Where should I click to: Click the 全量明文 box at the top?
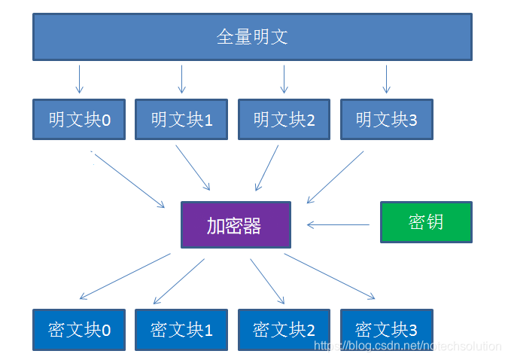252,36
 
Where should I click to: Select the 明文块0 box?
79,119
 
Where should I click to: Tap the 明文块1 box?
181,119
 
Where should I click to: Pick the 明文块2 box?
284,119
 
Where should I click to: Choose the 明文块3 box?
386,119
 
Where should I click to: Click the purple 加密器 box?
235,225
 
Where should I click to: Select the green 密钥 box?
426,221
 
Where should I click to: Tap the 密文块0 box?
79,329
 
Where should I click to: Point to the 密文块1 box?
181,329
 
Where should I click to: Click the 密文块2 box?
284,329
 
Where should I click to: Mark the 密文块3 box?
386,329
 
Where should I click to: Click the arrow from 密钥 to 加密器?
338,224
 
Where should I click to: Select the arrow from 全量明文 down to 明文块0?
79,79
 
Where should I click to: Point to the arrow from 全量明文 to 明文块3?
386,79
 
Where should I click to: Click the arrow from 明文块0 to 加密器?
128,179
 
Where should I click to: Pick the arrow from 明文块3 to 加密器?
335,178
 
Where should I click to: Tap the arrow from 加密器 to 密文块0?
125,276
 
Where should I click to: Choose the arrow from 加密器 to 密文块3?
329,276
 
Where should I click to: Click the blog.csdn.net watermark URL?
407,346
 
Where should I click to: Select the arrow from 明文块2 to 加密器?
267,168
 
